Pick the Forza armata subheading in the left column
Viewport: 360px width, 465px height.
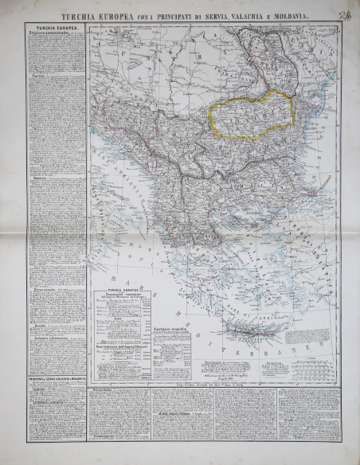point(45,288)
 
